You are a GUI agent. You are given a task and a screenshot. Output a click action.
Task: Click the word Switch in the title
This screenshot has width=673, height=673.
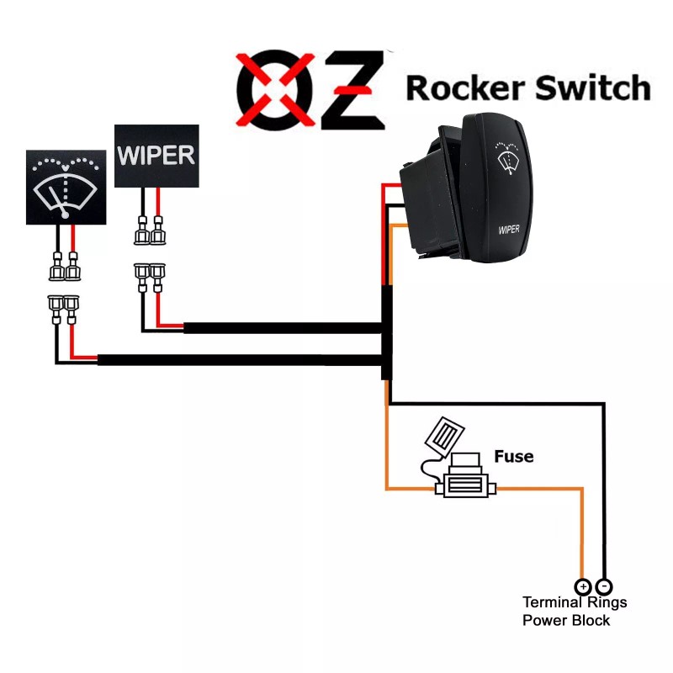[586, 87]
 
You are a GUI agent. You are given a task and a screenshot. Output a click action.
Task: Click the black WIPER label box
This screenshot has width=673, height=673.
[156, 156]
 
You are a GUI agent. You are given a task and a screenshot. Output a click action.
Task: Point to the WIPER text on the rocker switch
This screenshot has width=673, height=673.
[510, 228]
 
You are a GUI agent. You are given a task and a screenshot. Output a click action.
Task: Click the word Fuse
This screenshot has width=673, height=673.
[513, 457]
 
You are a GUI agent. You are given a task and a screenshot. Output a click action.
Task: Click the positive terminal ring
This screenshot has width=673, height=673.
[582, 586]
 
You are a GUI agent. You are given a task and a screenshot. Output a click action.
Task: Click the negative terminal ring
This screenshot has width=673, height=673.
[604, 586]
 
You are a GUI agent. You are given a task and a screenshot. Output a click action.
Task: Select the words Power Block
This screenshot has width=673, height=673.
[566, 620]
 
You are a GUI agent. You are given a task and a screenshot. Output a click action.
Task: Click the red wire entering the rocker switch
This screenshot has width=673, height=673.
[392, 186]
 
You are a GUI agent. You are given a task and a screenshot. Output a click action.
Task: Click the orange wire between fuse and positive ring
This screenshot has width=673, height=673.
[582, 530]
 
